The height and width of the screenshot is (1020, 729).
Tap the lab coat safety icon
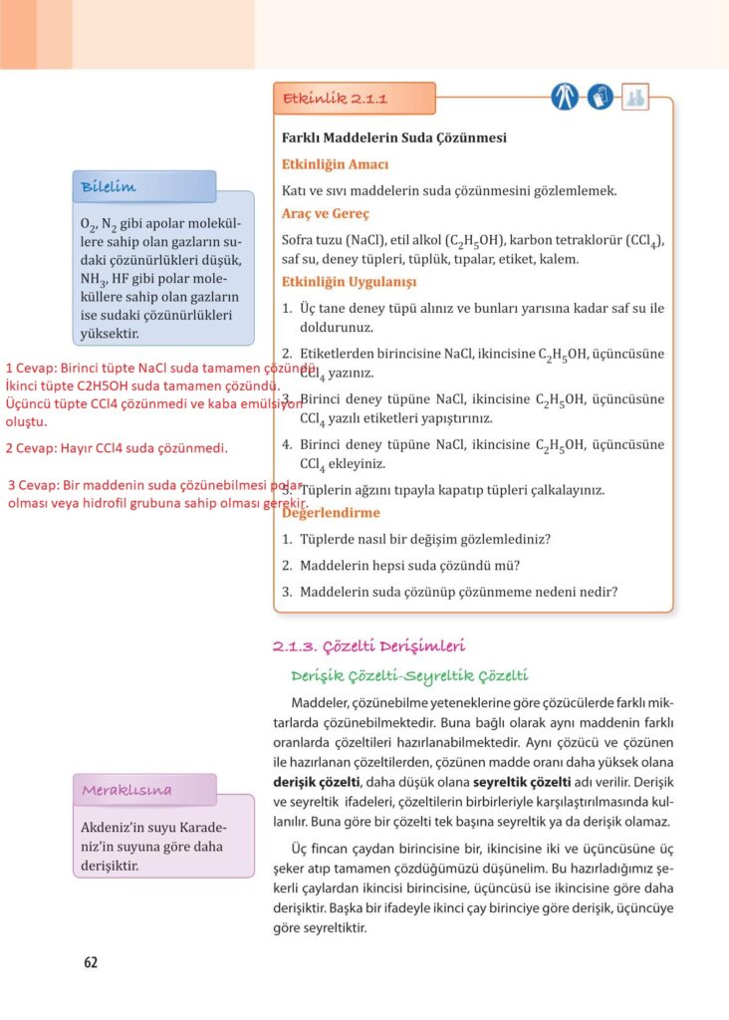[x=565, y=98]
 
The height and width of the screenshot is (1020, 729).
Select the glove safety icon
[x=600, y=98]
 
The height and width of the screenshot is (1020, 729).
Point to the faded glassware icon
[x=634, y=98]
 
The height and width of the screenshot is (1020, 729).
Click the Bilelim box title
[x=109, y=187]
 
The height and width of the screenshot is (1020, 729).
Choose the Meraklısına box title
[x=126, y=790]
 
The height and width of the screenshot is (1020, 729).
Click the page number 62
[x=91, y=962]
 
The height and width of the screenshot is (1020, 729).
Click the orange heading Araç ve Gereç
[x=326, y=213]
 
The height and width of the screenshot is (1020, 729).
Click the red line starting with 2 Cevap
[x=117, y=448]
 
